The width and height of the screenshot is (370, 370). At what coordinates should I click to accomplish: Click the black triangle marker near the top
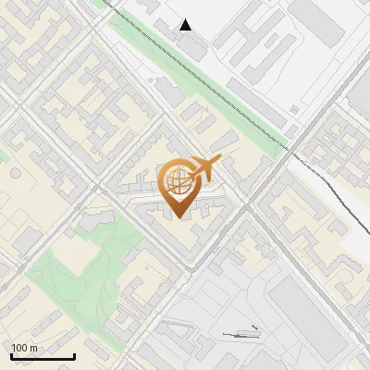(186, 25)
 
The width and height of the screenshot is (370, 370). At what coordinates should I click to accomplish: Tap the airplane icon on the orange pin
(206, 168)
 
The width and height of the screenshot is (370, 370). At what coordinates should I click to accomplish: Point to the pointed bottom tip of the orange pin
(177, 216)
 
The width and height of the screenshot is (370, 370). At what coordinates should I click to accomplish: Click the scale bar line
(43, 356)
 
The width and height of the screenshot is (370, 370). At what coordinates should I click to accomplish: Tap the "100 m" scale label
(24, 348)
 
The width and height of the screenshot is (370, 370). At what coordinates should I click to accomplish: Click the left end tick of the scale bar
(11, 354)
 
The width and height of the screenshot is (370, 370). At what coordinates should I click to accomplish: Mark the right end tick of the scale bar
(74, 354)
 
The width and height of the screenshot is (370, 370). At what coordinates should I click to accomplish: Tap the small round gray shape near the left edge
(15, 172)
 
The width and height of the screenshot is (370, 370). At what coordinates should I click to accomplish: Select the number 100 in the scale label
(19, 348)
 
